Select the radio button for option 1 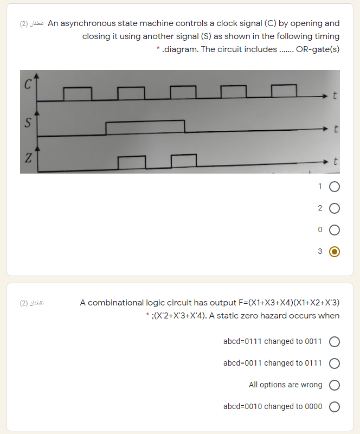pos(335,187)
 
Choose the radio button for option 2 pos(335,208)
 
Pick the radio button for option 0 pos(335,230)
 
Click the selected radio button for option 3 pos(335,251)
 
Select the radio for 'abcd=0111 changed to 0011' pos(335,342)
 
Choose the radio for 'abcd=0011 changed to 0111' pos(335,363)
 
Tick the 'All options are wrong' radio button pos(335,385)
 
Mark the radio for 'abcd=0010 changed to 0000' pos(335,407)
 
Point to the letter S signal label pos(27,122)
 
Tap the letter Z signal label pos(27,158)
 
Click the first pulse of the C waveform pos(78,93)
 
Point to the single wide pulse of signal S pos(145,128)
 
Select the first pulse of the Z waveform pos(132,162)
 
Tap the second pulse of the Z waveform pos(183,161)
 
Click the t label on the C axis pos(335,97)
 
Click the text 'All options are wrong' pos(285,385)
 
